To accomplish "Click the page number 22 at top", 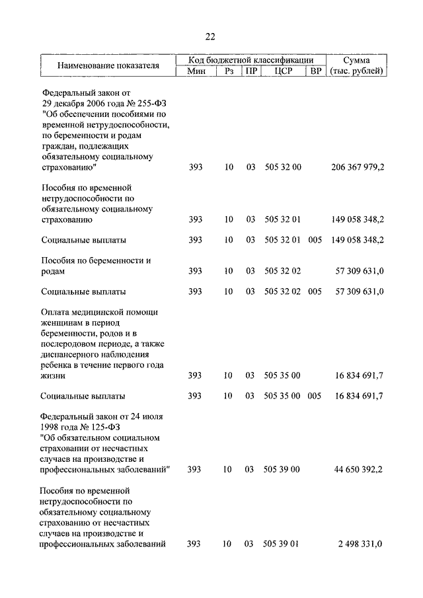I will [x=210, y=36].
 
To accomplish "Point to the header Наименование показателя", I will [x=108, y=66].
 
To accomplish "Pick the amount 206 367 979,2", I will [x=358, y=168].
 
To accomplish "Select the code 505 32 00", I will [x=282, y=168].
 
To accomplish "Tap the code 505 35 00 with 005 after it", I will [x=282, y=396].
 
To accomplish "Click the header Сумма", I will [x=357, y=60].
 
